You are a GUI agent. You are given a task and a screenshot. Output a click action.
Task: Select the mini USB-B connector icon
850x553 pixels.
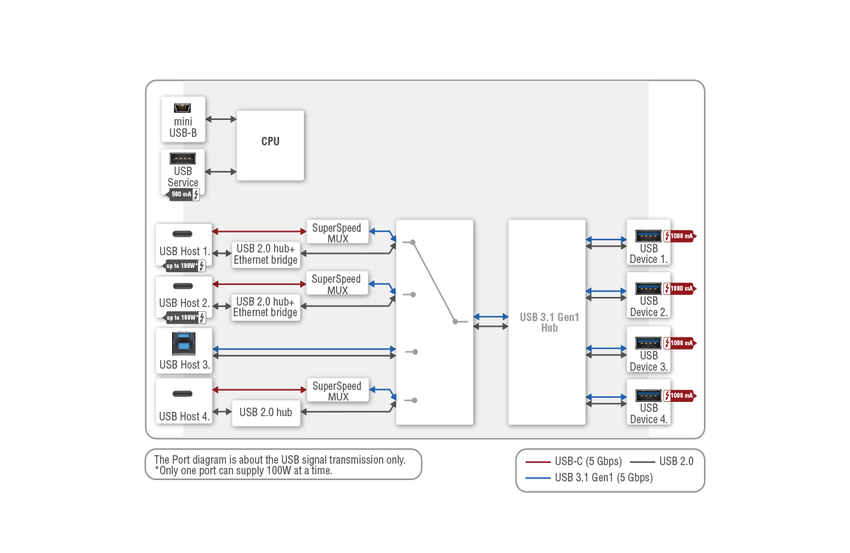click(x=183, y=108)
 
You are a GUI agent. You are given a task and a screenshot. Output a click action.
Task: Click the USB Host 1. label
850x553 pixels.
click(x=184, y=251)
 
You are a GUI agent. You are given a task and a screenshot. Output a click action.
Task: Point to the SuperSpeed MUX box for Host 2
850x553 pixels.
click(x=336, y=284)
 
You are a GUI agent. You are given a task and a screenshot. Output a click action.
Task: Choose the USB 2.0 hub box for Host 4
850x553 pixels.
click(x=266, y=412)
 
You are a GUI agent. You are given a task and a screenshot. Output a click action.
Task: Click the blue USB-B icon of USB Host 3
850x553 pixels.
click(x=183, y=344)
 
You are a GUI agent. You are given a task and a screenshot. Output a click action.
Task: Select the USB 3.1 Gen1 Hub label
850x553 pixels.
click(x=549, y=323)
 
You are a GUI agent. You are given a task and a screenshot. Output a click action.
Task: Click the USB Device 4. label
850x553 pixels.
click(x=649, y=413)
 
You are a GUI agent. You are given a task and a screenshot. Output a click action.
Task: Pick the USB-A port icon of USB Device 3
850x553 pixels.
click(x=648, y=342)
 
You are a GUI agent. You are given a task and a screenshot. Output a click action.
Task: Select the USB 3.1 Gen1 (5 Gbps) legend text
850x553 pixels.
click(x=603, y=478)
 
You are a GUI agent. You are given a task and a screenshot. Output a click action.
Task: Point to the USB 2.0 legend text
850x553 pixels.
click(x=676, y=462)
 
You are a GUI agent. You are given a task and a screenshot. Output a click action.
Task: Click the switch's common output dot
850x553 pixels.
click(x=455, y=322)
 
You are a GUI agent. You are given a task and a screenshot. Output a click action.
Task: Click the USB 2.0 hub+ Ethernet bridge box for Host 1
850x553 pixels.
click(x=266, y=254)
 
